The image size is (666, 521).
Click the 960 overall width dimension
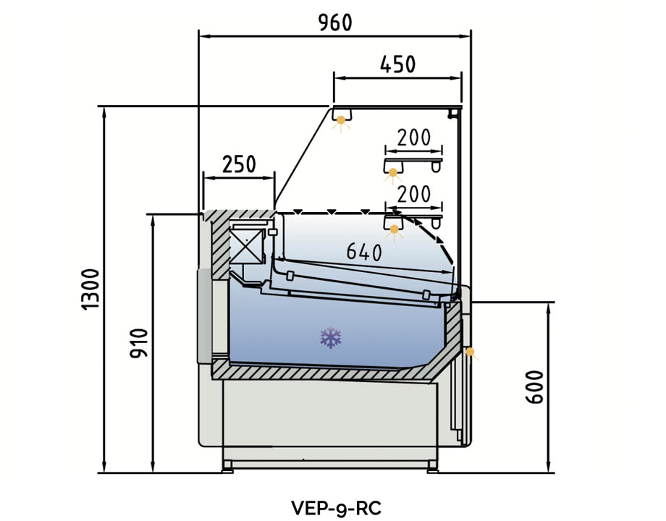[x=334, y=22]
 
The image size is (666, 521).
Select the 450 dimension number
[x=397, y=64]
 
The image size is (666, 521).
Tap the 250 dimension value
[x=239, y=164]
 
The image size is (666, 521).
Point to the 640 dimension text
[x=363, y=252]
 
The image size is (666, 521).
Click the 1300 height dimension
[x=90, y=289]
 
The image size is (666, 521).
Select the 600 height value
[x=534, y=387]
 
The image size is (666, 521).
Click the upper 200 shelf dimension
[x=414, y=137]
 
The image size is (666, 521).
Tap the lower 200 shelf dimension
[x=414, y=193]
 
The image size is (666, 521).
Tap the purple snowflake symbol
[x=331, y=337]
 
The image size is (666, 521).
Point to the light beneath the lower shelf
[x=395, y=230]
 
